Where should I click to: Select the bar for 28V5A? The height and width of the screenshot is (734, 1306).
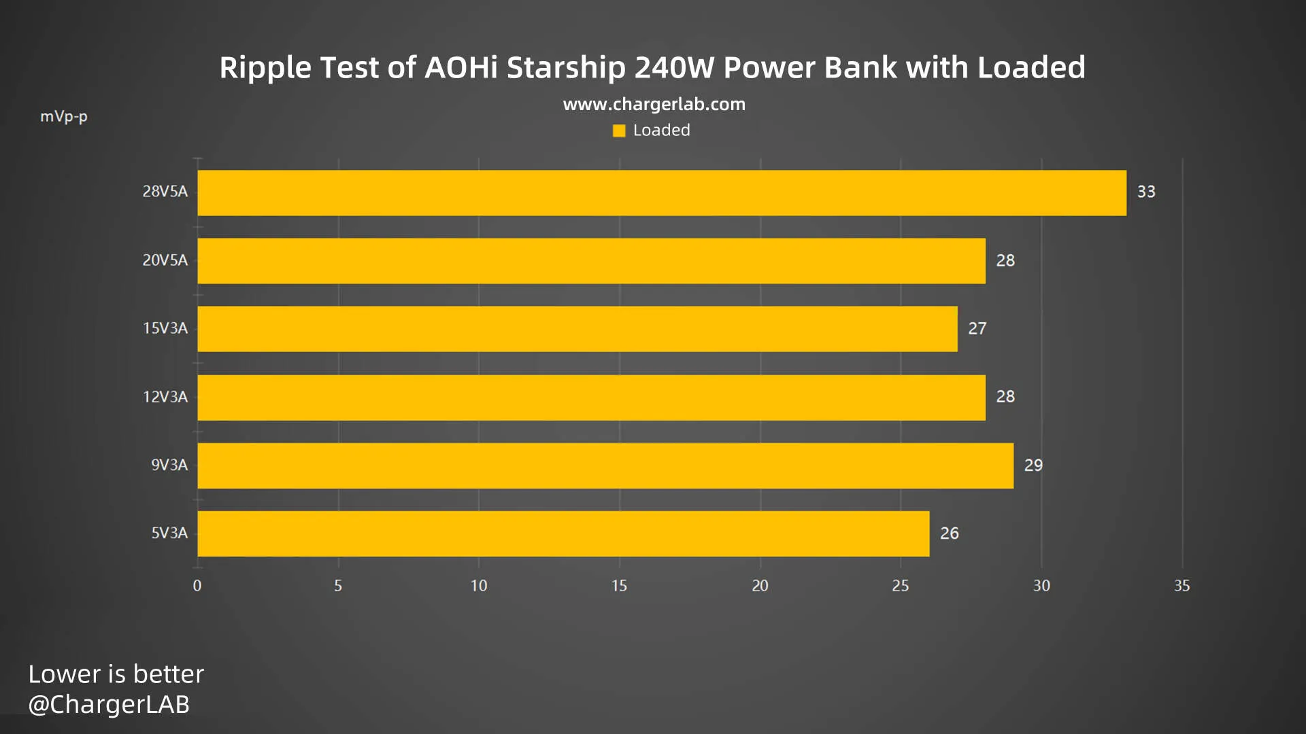pos(661,193)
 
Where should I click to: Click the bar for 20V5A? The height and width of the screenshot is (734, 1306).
pos(591,261)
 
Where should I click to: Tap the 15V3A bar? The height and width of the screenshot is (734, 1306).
pos(577,329)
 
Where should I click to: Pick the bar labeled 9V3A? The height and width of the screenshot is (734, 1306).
pos(605,466)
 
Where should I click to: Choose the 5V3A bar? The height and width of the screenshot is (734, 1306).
pos(563,534)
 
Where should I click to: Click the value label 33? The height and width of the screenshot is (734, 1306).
pos(1146,192)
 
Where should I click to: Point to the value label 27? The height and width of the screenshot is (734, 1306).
pos(977,329)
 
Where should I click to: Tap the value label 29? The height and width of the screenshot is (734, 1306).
pos(1033,466)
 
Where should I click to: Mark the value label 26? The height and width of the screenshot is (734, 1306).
pos(949,534)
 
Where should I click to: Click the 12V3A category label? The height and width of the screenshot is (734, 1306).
pos(165,397)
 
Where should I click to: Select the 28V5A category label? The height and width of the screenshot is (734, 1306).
pos(165,192)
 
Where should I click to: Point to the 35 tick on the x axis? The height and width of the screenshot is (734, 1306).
pos(1182,586)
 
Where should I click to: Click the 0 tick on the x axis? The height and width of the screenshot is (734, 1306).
pos(197,586)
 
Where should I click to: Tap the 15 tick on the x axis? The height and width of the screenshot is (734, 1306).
pos(619,586)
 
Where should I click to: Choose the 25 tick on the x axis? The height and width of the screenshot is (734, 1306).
pos(900,586)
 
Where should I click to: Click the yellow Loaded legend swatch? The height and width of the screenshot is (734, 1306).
pos(619,130)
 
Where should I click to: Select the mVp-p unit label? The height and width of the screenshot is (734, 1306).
pos(64,117)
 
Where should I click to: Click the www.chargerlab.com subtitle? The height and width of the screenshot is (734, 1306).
pos(654,104)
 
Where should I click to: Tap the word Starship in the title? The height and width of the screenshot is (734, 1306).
pos(566,68)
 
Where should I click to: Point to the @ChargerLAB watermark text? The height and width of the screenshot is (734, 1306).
pos(109,704)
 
